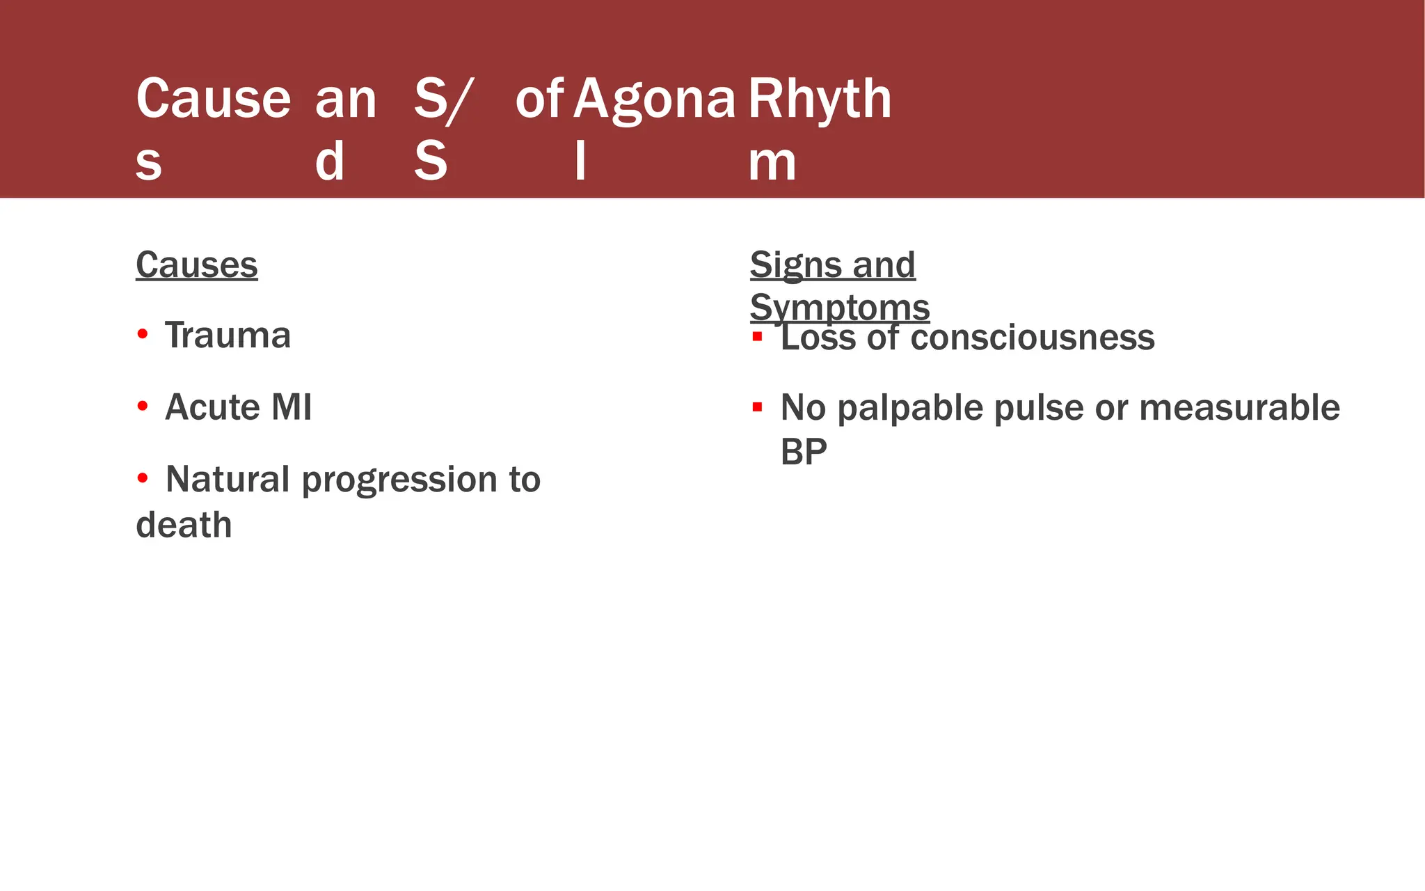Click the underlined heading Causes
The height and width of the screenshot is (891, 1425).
(x=196, y=265)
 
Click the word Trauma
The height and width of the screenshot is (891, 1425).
(x=228, y=336)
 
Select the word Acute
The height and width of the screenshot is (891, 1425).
(x=210, y=407)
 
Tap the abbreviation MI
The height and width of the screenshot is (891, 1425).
(x=292, y=407)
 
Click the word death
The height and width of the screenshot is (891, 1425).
(x=184, y=525)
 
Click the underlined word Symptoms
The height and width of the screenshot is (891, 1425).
(x=840, y=308)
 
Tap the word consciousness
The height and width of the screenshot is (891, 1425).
(x=1032, y=338)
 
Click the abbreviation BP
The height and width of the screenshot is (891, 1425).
(x=804, y=452)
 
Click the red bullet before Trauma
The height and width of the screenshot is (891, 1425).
(x=143, y=334)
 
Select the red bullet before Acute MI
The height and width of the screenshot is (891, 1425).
(x=143, y=406)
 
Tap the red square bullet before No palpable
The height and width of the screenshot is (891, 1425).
(x=757, y=407)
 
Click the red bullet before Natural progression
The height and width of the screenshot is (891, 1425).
(x=143, y=478)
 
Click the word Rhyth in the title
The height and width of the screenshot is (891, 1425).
(x=819, y=100)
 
